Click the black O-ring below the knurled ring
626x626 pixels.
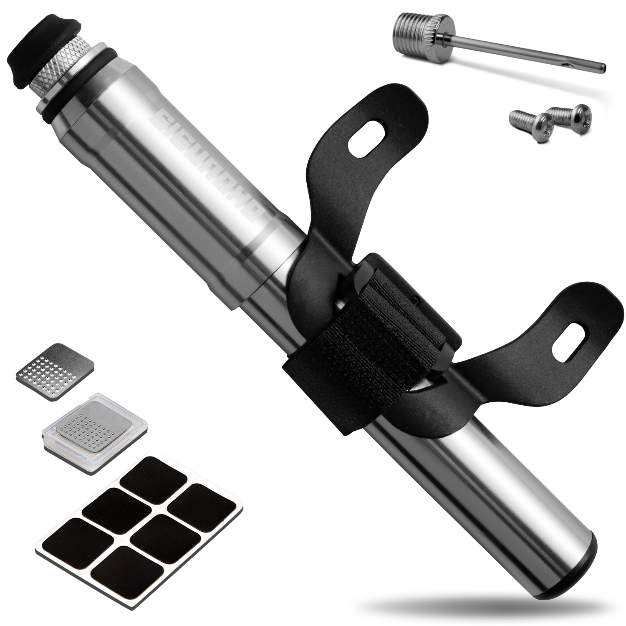tap(83, 90)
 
